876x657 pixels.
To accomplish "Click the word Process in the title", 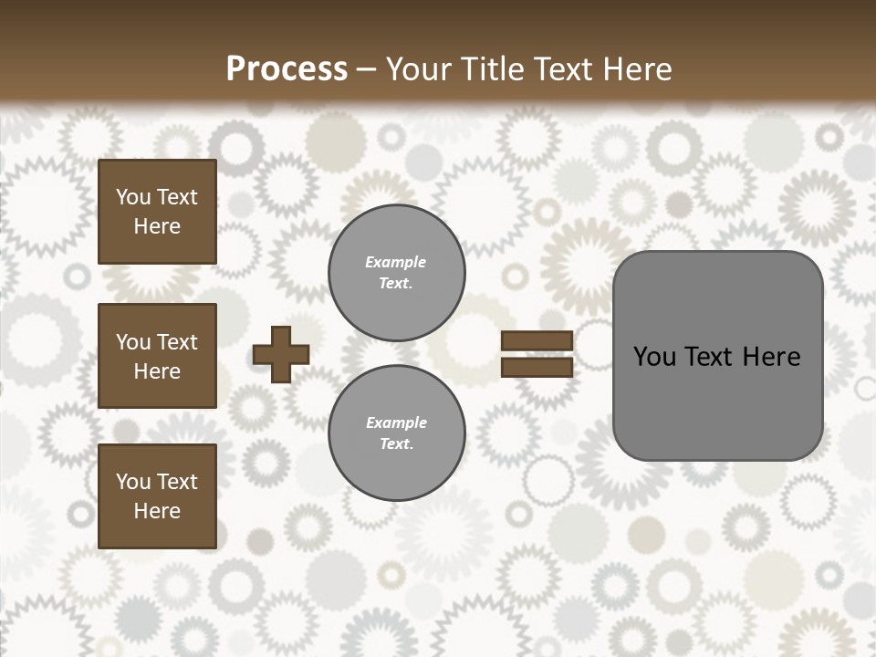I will coord(287,69).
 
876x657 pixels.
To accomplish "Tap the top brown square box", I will coord(157,212).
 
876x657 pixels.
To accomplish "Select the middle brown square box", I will coord(157,356).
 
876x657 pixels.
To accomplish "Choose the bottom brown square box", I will coord(157,496).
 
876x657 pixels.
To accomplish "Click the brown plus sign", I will coord(281,354).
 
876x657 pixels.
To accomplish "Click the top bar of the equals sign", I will coord(537,340).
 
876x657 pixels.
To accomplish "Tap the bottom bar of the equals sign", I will coord(537,368).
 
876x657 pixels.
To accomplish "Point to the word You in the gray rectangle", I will coord(653,357).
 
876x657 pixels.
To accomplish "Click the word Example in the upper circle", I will coord(396,262).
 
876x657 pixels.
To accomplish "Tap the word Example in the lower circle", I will coord(396,422).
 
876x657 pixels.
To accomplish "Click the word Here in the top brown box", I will coord(157,226).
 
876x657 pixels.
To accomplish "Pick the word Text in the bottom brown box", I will coord(177,482).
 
